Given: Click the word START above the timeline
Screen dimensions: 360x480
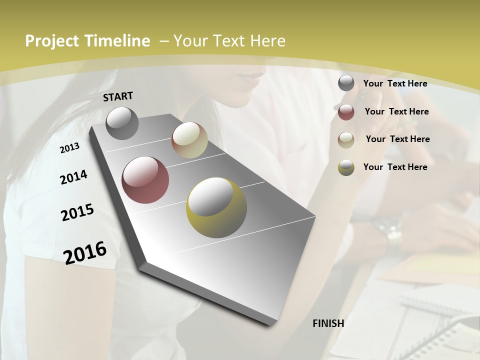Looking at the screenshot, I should [118, 96].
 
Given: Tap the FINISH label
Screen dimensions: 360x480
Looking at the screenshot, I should [328, 323].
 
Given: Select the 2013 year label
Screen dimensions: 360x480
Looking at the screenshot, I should [69, 148].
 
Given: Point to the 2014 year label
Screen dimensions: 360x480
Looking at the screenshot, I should [73, 177].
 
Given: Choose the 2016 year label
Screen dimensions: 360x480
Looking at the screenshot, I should [85, 253].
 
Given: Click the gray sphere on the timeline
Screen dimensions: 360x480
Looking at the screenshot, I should [122, 123].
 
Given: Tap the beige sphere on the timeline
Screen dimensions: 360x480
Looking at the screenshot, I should [189, 140].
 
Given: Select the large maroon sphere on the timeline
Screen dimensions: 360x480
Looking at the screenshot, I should [145, 180].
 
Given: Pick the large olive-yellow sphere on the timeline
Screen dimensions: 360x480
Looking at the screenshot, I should [216, 207].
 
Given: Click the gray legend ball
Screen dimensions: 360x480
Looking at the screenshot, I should [346, 83].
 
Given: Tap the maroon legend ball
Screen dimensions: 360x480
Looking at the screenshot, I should [346, 112].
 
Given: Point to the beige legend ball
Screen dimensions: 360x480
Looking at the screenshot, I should [346, 140].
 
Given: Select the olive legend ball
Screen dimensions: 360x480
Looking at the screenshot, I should [346, 167].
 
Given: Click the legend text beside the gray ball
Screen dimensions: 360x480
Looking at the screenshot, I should [395, 83].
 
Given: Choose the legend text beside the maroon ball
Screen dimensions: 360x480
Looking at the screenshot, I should [396, 111].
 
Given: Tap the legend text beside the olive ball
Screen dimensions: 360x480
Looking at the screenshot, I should [395, 167].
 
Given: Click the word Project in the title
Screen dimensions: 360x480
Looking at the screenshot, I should [52, 41].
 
